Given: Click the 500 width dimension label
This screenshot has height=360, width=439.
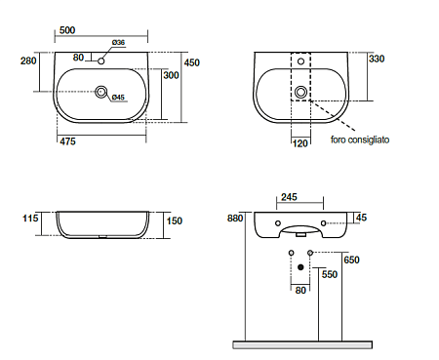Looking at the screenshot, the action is [x=67, y=30].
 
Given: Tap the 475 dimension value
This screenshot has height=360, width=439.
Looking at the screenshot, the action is [x=67, y=141].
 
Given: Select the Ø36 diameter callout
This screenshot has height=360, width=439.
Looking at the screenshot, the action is [x=118, y=42].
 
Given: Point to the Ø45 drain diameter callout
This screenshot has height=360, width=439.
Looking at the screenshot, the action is [x=118, y=97].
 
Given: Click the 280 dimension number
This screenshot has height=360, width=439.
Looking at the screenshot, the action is [x=28, y=60].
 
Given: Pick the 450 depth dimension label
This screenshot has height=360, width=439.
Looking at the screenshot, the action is [x=192, y=62].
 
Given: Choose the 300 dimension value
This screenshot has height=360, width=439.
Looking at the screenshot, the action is [x=171, y=75].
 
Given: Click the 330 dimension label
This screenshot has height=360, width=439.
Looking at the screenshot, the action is [x=377, y=59].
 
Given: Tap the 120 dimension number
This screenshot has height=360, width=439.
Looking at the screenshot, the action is [x=299, y=143].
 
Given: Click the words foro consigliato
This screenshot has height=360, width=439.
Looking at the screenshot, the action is [x=360, y=140].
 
